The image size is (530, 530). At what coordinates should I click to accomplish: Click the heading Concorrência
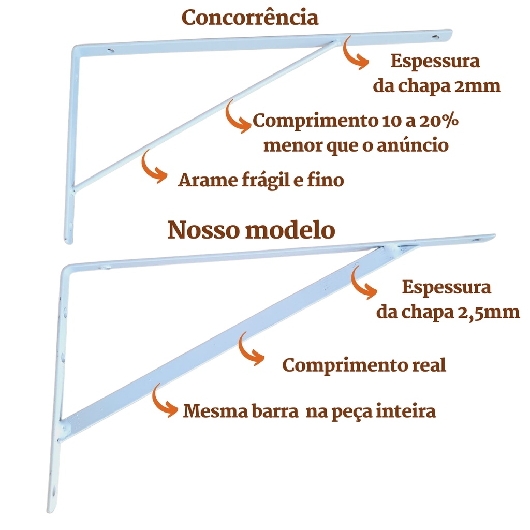tap(250, 18)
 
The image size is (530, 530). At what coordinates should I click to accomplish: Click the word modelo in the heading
tap(290, 230)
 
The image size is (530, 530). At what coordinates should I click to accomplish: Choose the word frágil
tap(265, 181)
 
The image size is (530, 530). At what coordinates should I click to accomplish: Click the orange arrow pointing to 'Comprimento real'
tap(249, 349)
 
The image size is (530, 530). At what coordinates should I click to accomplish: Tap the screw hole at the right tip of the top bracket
tap(435, 37)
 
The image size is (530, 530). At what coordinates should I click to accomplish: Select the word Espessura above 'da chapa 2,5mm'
tap(446, 288)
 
